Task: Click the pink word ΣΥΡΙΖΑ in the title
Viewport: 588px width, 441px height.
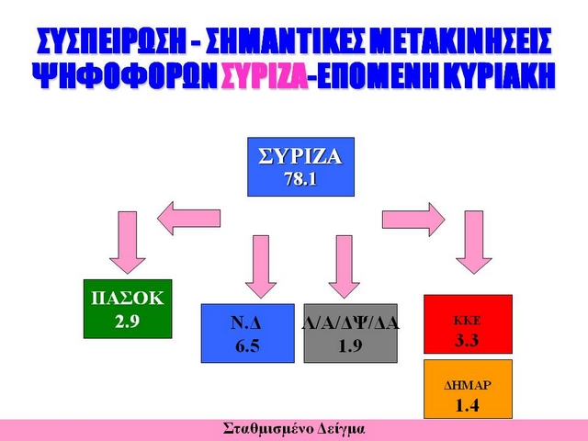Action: [x=265, y=75]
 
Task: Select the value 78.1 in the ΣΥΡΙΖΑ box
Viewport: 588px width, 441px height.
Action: [x=300, y=179]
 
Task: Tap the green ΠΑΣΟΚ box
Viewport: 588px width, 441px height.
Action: [x=128, y=309]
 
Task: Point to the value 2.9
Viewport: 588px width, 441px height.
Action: [x=128, y=322]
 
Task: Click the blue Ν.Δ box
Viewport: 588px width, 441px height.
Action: [x=248, y=334]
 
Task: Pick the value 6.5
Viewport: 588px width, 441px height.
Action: [x=247, y=345]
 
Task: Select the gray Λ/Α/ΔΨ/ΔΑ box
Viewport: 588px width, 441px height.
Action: [x=351, y=334]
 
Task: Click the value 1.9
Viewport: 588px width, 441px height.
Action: [x=350, y=345]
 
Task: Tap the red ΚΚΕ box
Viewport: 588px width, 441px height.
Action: [x=468, y=324]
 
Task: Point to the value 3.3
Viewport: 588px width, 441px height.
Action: [x=467, y=340]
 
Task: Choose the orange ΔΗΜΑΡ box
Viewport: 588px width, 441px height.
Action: [x=468, y=389]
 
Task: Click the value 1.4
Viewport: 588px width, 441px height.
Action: [x=468, y=405]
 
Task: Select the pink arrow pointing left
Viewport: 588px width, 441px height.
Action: [x=188, y=219]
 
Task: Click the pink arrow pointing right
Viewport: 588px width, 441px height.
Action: [x=413, y=220]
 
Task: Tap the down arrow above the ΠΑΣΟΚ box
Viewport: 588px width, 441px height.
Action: [x=128, y=243]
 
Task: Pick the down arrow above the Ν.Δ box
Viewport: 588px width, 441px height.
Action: [x=261, y=266]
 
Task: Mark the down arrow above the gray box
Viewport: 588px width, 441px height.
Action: [x=345, y=266]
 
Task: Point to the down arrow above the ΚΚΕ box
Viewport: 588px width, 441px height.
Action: [x=474, y=243]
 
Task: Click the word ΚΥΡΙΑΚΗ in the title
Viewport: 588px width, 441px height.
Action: [x=500, y=75]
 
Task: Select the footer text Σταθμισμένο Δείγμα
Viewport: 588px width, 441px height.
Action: [x=294, y=429]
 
